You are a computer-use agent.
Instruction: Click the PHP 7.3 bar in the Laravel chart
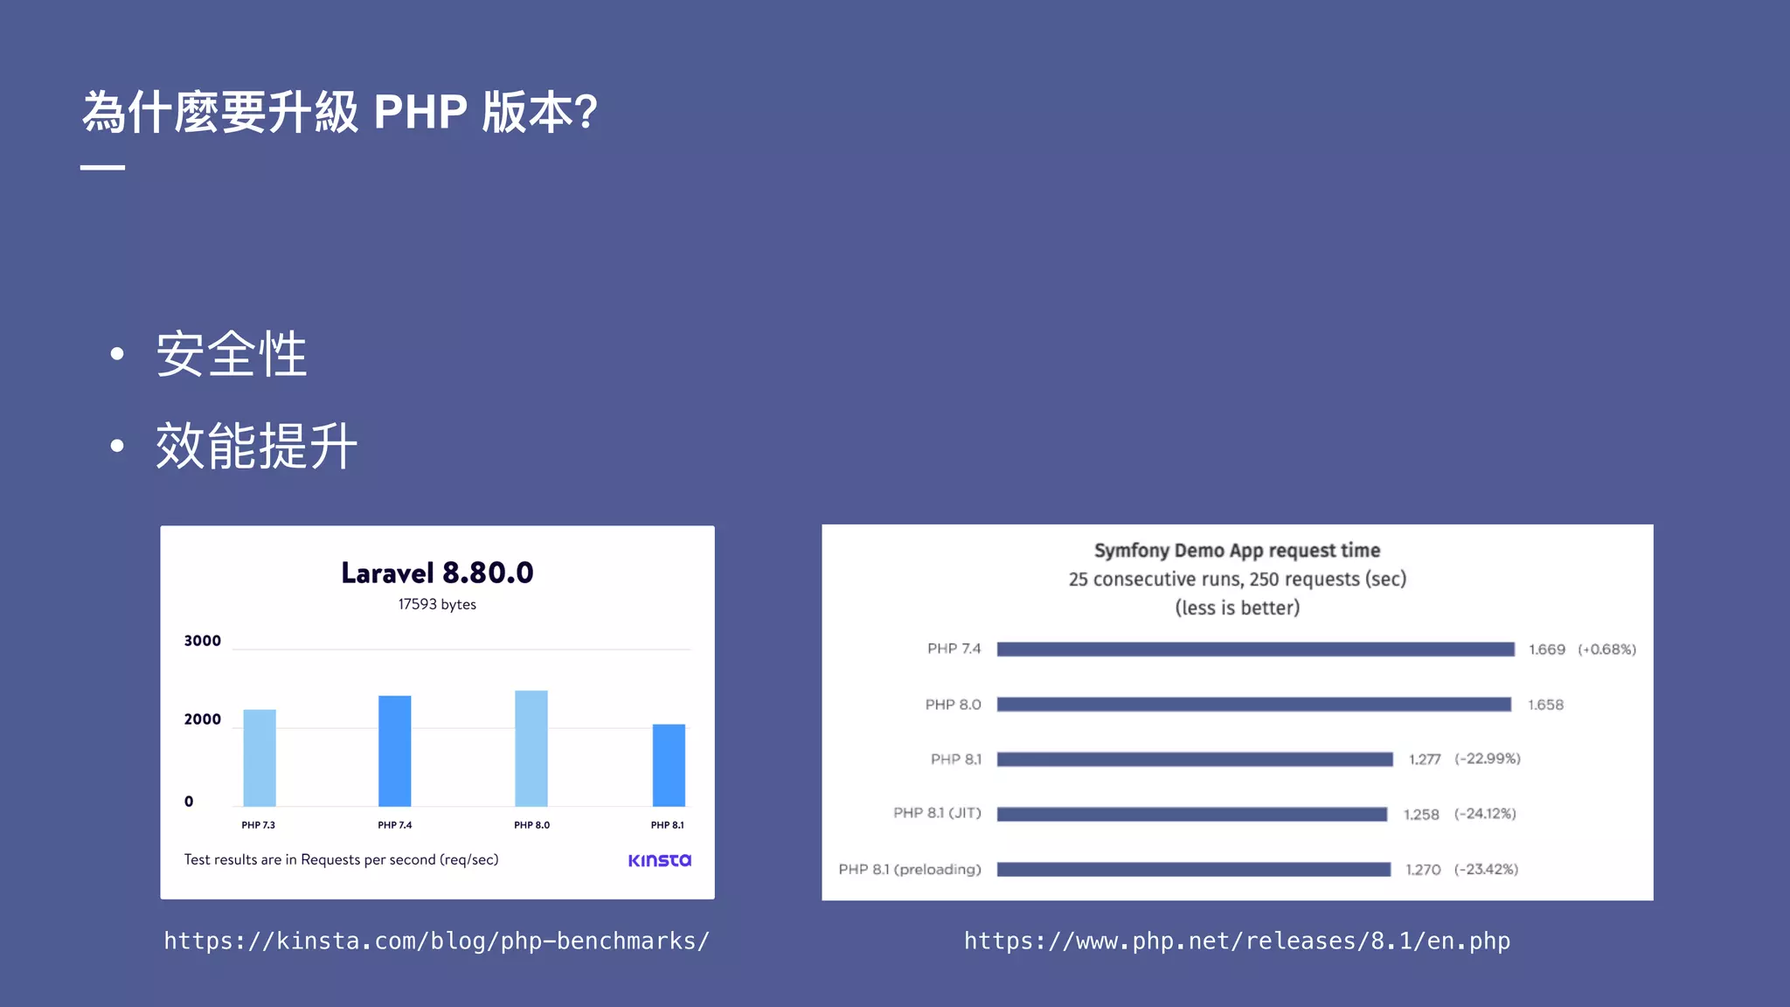coord(260,758)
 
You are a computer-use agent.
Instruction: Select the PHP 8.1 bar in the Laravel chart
coord(669,765)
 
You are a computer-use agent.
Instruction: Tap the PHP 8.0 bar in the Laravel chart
coord(531,748)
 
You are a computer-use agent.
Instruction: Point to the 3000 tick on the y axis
coord(202,641)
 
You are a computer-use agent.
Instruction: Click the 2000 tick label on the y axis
coord(202,719)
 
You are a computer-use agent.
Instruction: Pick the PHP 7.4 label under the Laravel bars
coord(394,825)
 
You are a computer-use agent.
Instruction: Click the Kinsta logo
coord(659,860)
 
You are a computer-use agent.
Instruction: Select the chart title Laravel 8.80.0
coord(437,573)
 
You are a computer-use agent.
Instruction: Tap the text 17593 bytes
coord(437,604)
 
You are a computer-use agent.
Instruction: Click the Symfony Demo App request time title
coord(1237,551)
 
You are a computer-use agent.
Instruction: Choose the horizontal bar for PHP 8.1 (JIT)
coord(1191,815)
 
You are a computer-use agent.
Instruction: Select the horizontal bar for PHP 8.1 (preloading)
coord(1193,870)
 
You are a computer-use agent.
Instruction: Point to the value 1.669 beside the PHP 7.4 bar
coord(1546,649)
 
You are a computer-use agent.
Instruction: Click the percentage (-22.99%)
coord(1487,759)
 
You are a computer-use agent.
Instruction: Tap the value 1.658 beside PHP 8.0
coord(1545,705)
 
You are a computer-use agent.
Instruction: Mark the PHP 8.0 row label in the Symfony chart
coord(953,705)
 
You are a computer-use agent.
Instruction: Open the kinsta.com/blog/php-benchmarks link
coord(437,941)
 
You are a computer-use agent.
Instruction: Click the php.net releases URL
coord(1237,941)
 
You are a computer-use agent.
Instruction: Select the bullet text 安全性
coord(232,354)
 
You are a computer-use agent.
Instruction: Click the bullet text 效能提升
coord(257,446)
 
